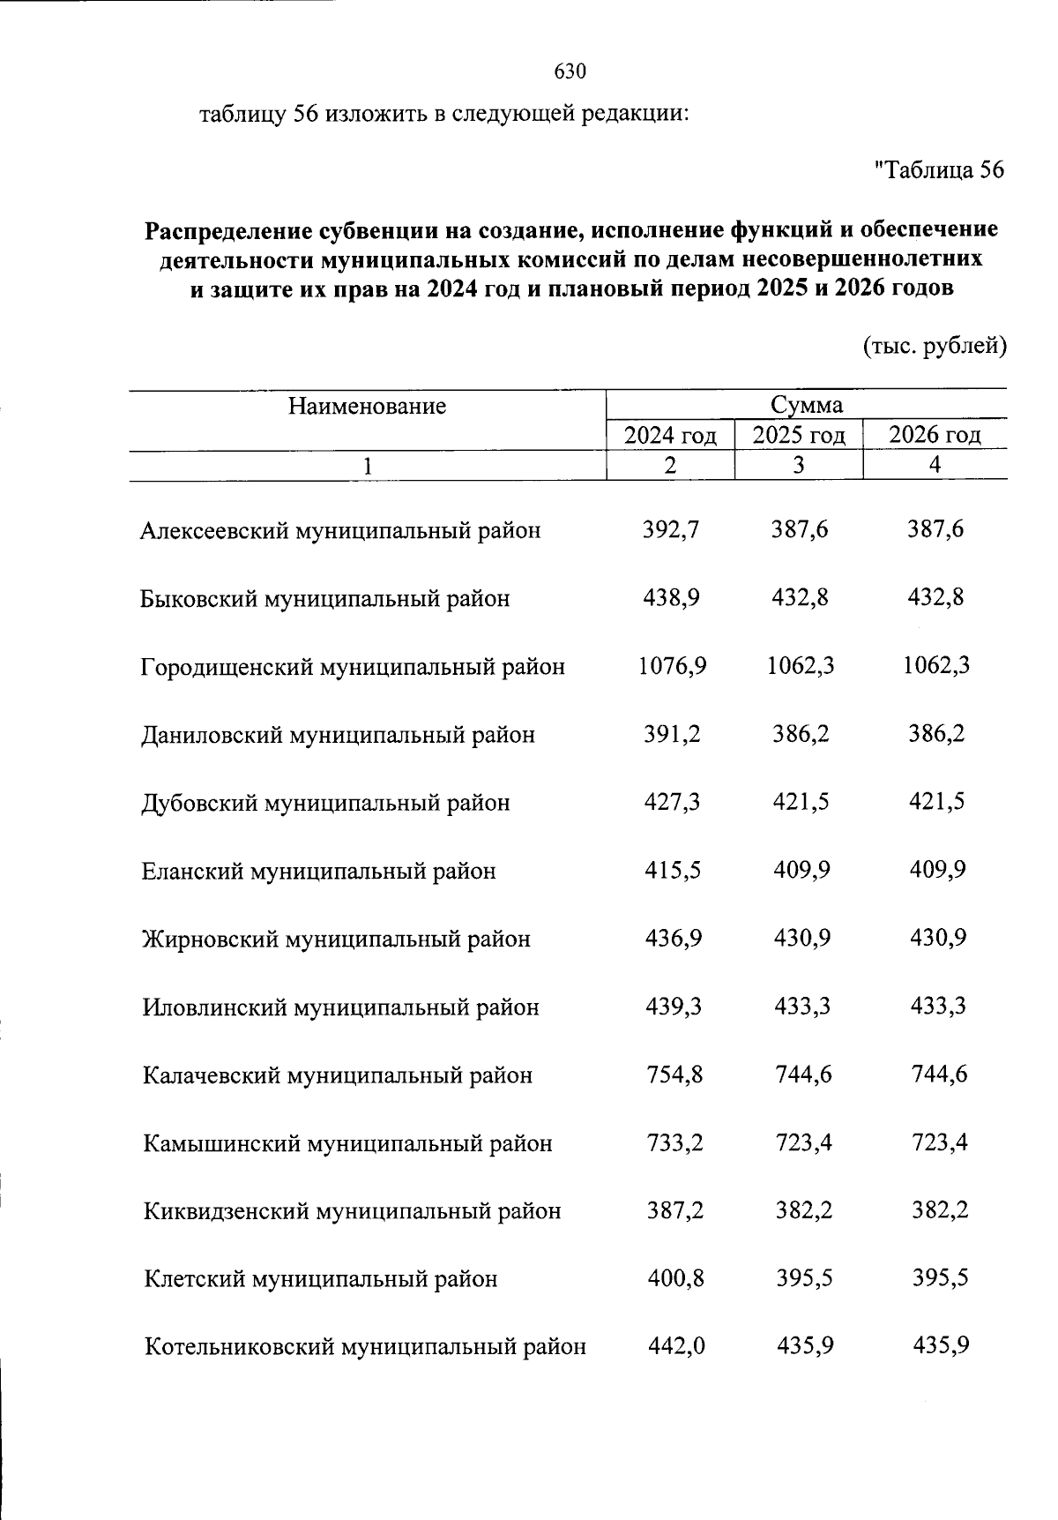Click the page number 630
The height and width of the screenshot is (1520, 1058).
click(x=570, y=71)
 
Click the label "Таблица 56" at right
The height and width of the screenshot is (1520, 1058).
click(x=938, y=170)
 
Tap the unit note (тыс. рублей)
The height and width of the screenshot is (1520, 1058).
click(x=934, y=347)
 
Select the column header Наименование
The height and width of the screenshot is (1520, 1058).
click(x=367, y=407)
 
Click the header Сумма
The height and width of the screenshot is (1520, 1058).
click(x=806, y=405)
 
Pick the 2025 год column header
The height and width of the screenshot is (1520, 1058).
click(x=799, y=436)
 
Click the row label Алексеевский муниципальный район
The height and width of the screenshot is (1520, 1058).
click(x=340, y=531)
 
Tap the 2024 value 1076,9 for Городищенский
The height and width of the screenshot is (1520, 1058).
click(x=672, y=666)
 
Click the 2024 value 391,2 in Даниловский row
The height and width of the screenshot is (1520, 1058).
click(x=672, y=734)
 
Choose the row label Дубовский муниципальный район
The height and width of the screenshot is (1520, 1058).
click(x=325, y=804)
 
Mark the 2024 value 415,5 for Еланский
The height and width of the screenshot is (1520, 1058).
click(x=672, y=871)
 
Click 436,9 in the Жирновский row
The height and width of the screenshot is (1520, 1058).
click(x=673, y=939)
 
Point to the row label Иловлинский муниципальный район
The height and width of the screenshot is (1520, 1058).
click(x=340, y=1007)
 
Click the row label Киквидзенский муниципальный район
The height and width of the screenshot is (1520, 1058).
click(x=352, y=1211)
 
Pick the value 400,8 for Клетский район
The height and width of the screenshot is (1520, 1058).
click(x=674, y=1278)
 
